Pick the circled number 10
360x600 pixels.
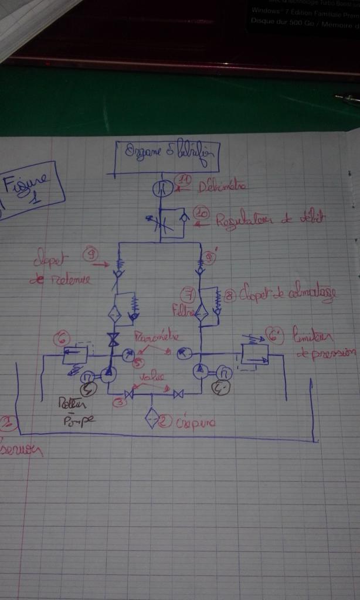(x=202, y=215)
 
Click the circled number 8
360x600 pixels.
(x=230, y=295)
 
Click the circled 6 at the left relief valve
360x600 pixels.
(x=62, y=339)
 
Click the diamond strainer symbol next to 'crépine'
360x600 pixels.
(x=153, y=420)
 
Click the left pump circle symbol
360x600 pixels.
(x=107, y=374)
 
